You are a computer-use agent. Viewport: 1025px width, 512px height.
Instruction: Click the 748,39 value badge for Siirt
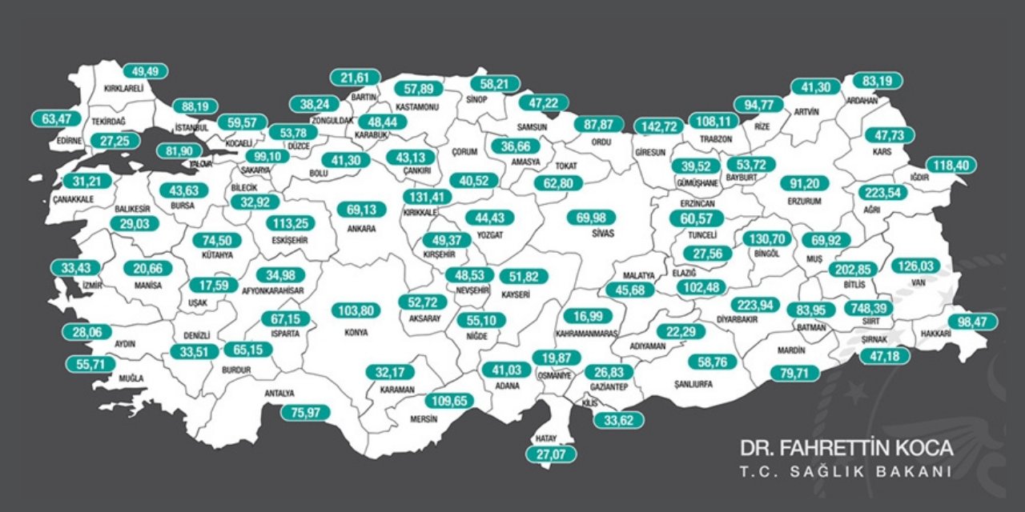pyautogui.click(x=869, y=309)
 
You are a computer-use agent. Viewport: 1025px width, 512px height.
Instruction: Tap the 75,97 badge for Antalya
pyautogui.click(x=305, y=413)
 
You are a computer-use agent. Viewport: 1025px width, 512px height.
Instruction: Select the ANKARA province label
pyautogui.click(x=356, y=228)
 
